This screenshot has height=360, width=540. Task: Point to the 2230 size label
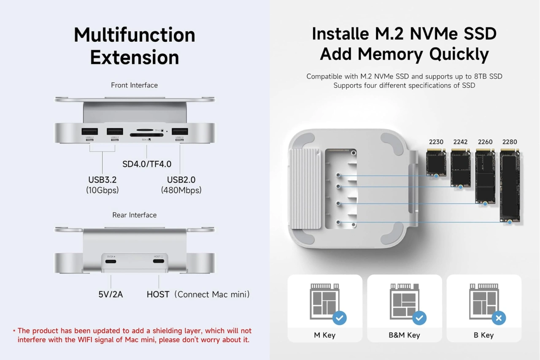point(436,142)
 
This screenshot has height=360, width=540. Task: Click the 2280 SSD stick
point(510,186)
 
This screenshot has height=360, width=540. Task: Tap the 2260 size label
point(485,142)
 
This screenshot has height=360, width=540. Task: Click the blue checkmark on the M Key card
point(340,318)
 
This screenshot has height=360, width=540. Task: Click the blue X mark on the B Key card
point(499,318)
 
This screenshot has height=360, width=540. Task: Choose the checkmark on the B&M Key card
point(419,318)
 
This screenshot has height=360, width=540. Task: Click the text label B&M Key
point(404,335)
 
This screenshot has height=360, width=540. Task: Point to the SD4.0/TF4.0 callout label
point(147,164)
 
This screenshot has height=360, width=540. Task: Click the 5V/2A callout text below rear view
point(111,294)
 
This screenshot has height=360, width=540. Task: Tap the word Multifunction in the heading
point(135,35)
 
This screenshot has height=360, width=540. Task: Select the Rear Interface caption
point(134,215)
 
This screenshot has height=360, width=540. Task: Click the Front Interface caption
point(134,85)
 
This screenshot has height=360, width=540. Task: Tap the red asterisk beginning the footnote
point(14,331)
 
